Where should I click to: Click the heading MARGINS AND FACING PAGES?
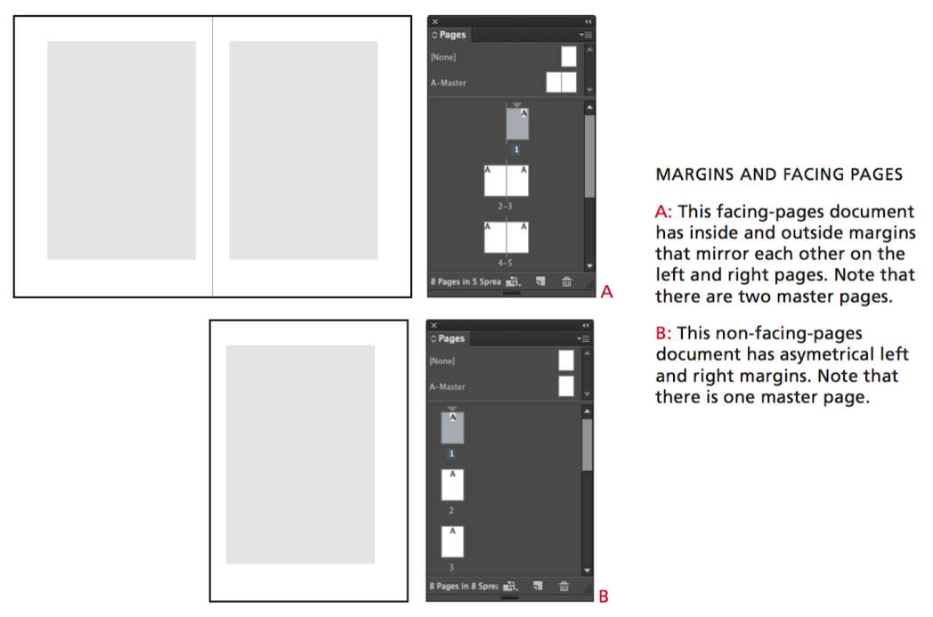[x=778, y=175]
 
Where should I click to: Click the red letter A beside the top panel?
[x=607, y=291]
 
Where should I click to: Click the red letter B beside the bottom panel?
[x=604, y=597]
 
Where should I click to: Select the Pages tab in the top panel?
[x=452, y=35]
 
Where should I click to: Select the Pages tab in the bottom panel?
[x=451, y=338]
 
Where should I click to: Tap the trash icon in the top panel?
[x=566, y=281]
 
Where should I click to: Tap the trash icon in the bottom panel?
[x=564, y=586]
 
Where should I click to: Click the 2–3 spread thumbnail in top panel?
[x=506, y=181]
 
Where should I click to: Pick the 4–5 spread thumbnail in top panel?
[x=506, y=238]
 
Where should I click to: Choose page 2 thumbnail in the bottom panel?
[x=452, y=485]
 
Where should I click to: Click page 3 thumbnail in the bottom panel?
[x=452, y=541]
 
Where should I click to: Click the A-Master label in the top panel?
[x=448, y=83]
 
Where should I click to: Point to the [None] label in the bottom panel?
[x=442, y=361]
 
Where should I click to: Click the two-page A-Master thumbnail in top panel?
[x=561, y=83]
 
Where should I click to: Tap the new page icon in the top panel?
[x=540, y=281]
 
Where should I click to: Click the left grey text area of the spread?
[x=121, y=150]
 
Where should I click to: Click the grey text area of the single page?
[x=300, y=454]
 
